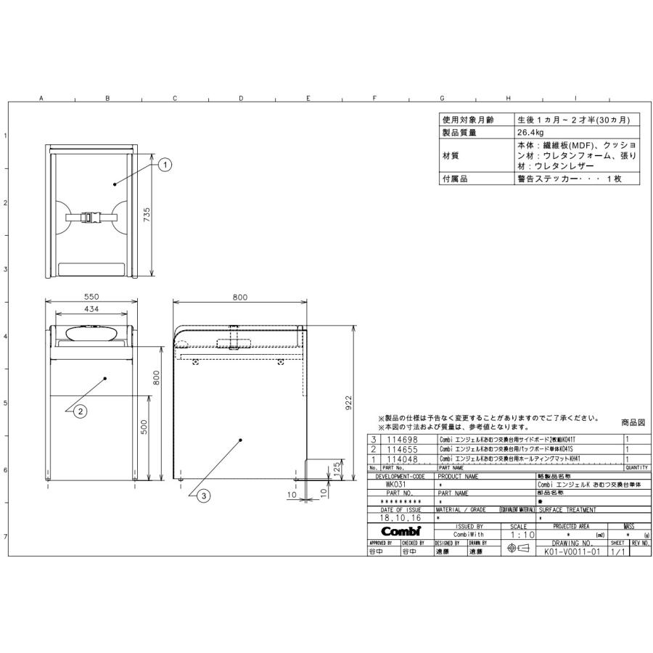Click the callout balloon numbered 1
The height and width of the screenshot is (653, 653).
(165, 165)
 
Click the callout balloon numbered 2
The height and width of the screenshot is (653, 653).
(81, 411)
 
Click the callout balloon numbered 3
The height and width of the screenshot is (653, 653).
(205, 496)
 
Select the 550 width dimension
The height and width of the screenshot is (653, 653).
(91, 297)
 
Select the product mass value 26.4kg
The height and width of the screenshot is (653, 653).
(531, 134)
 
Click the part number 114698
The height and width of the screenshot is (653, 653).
(403, 440)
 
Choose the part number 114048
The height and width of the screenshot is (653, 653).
(403, 459)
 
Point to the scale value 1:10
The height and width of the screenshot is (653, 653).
(518, 534)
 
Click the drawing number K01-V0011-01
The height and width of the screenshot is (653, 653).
(572, 551)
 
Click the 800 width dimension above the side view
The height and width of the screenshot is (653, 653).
(239, 297)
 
